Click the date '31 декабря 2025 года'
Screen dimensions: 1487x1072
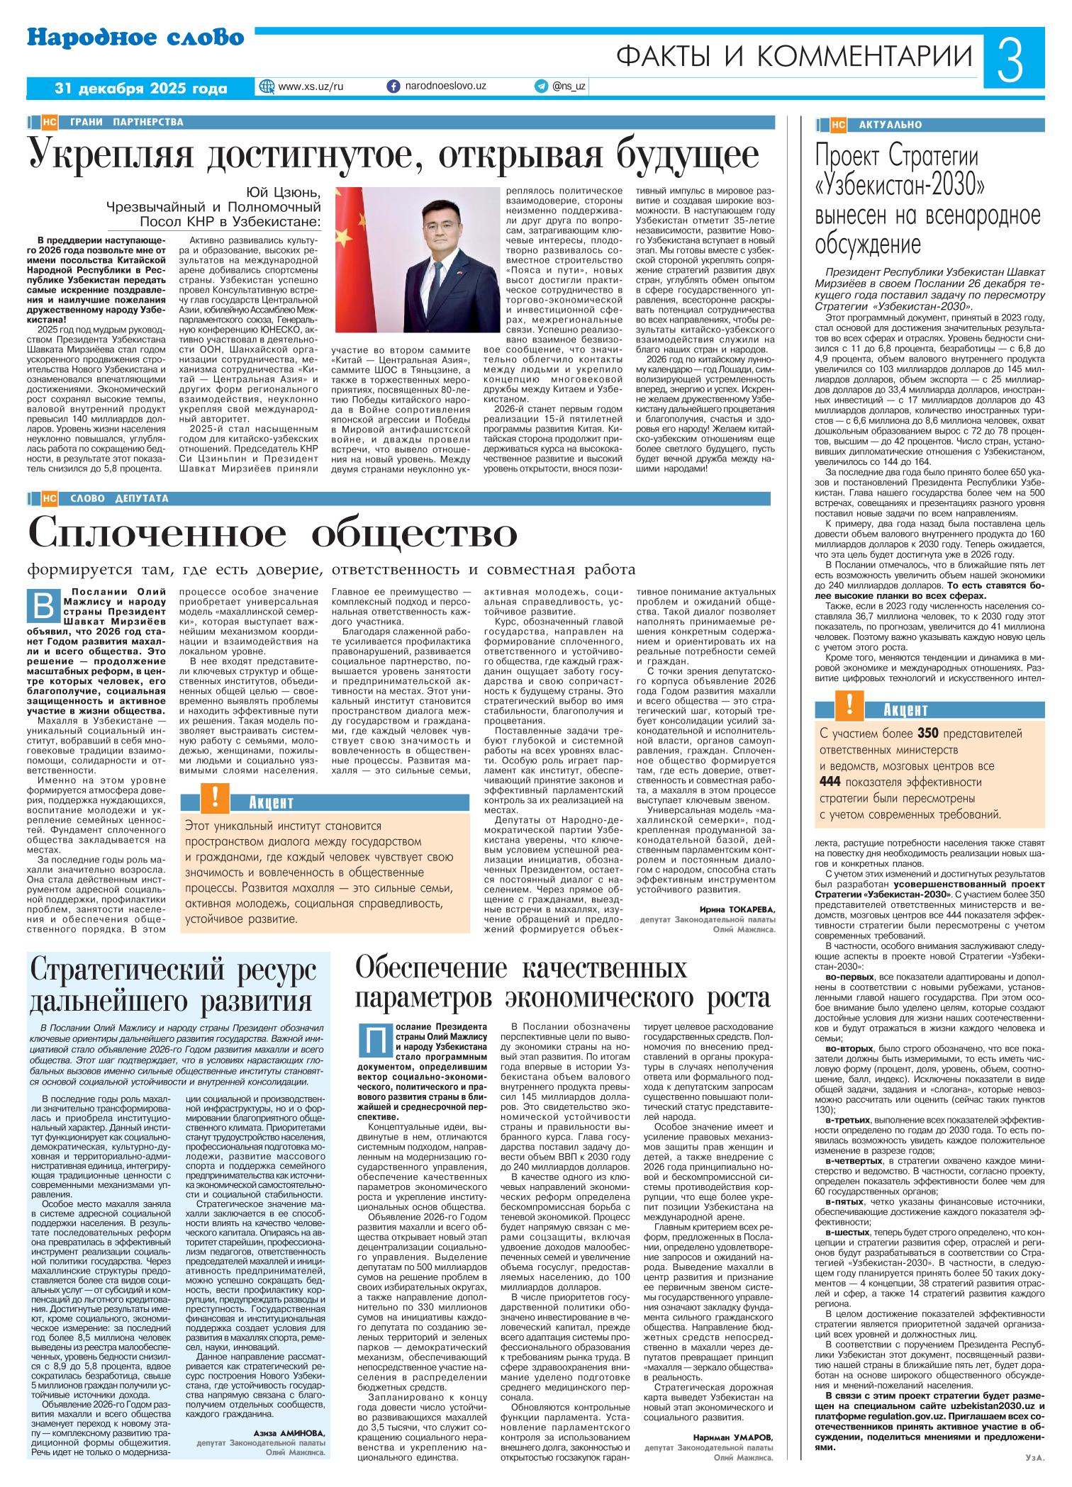141,89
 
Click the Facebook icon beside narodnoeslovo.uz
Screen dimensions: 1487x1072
393,86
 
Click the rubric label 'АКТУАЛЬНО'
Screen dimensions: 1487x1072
890,125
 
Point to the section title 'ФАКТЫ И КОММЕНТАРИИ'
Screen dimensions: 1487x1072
795,56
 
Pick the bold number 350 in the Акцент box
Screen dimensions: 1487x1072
929,733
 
